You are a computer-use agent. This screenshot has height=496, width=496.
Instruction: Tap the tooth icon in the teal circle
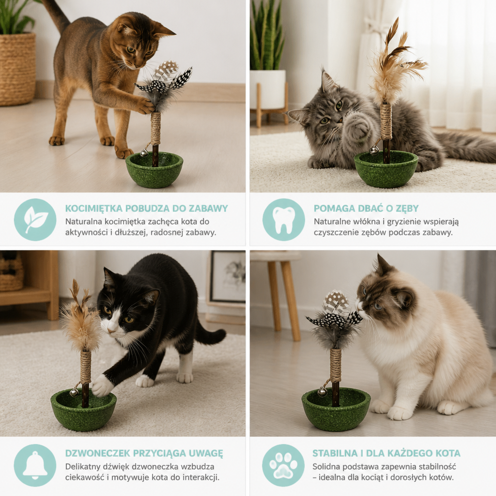coord(284,220)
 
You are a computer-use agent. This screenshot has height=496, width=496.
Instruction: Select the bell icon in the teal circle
coord(35,465)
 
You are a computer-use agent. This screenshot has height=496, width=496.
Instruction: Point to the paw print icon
coord(283,465)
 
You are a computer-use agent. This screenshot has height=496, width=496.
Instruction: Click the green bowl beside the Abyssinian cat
coord(155,170)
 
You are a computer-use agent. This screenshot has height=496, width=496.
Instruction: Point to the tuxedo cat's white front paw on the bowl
coord(102,385)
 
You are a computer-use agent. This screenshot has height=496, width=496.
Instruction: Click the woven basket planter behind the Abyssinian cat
coord(17,69)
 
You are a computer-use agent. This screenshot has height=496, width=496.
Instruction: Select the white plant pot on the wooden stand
coord(268,89)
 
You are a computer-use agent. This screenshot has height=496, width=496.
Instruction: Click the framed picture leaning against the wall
coord(227,277)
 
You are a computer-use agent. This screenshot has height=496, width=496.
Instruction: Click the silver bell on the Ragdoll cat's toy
coord(322,392)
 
